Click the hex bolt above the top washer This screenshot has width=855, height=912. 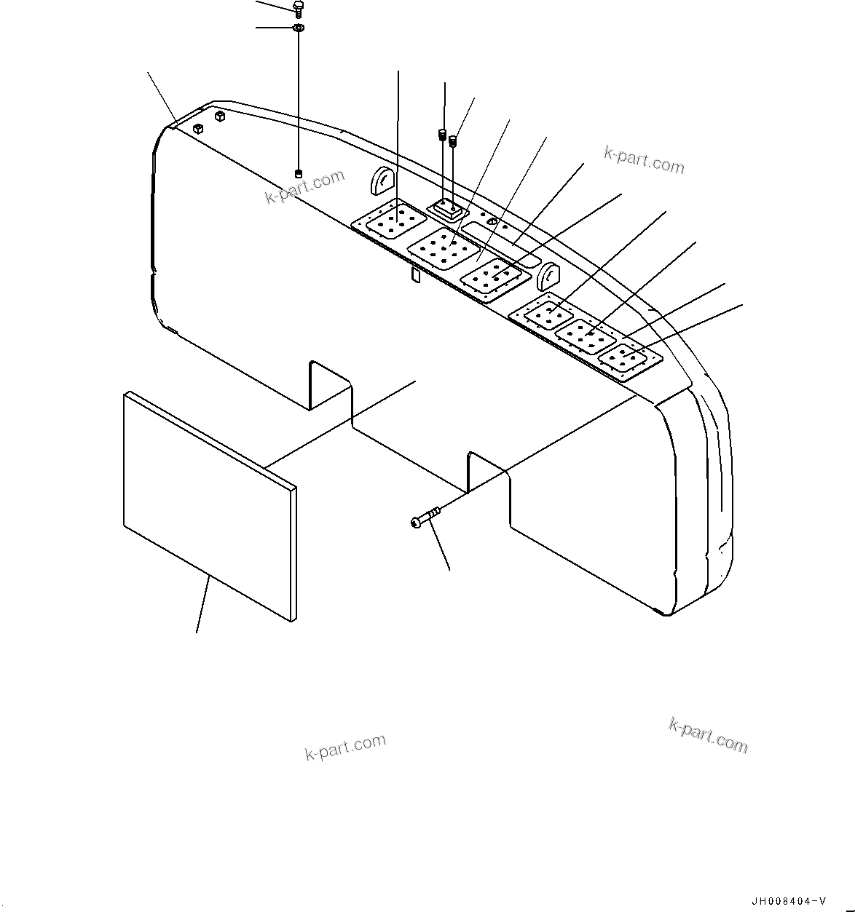tap(298, 8)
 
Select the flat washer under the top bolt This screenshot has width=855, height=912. tap(298, 28)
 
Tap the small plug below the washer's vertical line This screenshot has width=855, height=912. tap(298, 173)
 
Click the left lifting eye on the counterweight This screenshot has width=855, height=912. tap(383, 179)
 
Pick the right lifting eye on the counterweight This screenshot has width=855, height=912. tap(548, 277)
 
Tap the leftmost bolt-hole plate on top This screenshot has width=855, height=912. tap(389, 218)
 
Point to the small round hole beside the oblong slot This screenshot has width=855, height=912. tap(492, 221)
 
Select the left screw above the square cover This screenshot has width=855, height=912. tap(441, 135)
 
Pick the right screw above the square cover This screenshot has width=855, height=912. tap(453, 140)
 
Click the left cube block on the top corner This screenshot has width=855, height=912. tap(197, 129)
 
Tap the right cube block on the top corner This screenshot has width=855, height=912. tap(220, 116)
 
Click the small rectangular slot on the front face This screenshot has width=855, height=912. tap(415, 274)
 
